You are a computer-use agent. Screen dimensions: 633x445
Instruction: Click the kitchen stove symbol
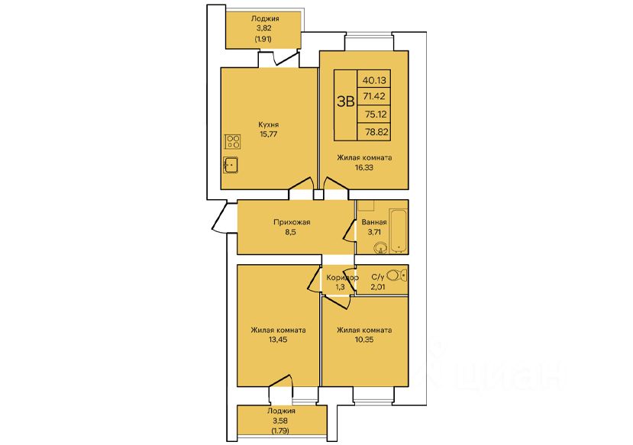(233, 142)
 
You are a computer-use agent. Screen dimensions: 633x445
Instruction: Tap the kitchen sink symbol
(231, 165)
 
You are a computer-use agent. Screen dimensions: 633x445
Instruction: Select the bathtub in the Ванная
(398, 231)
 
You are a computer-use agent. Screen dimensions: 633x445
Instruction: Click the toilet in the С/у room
(397, 276)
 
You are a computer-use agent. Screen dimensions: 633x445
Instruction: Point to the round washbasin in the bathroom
(380, 248)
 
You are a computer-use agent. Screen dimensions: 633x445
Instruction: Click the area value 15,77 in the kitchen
(269, 134)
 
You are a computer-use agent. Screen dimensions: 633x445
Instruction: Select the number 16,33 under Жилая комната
(364, 167)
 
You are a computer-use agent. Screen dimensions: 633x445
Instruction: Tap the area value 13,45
(278, 340)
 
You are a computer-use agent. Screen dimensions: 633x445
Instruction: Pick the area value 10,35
(364, 340)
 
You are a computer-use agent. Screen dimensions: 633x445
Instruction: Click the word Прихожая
(292, 222)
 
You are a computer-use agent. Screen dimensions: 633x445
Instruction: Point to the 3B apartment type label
(346, 102)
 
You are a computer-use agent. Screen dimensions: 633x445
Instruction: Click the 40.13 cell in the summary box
(374, 80)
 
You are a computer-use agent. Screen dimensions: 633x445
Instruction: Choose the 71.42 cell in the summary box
(374, 96)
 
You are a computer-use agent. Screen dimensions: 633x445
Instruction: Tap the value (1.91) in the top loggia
(263, 39)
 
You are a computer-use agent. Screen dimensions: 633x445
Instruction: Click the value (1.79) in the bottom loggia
(280, 430)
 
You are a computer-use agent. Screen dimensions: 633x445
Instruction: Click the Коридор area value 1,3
(341, 287)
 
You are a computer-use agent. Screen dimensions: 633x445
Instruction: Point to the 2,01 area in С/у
(377, 287)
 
